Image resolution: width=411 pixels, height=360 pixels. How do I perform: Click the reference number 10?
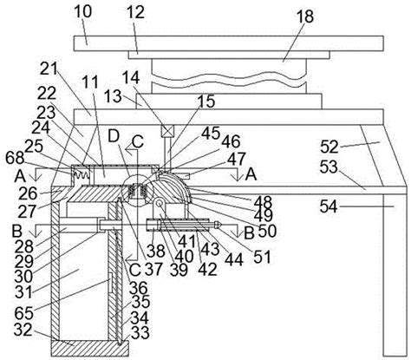(83, 11)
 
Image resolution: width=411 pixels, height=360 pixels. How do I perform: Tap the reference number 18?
(305, 17)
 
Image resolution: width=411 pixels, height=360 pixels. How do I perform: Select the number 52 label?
(329, 147)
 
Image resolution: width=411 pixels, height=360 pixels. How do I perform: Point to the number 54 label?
(329, 206)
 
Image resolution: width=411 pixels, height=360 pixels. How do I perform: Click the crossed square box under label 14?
(167, 131)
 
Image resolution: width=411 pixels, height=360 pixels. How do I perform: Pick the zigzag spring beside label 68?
(82, 174)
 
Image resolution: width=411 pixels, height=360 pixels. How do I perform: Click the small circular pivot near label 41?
(159, 203)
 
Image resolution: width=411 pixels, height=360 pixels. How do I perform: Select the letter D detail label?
(114, 136)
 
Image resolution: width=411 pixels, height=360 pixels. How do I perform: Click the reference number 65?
(24, 312)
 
